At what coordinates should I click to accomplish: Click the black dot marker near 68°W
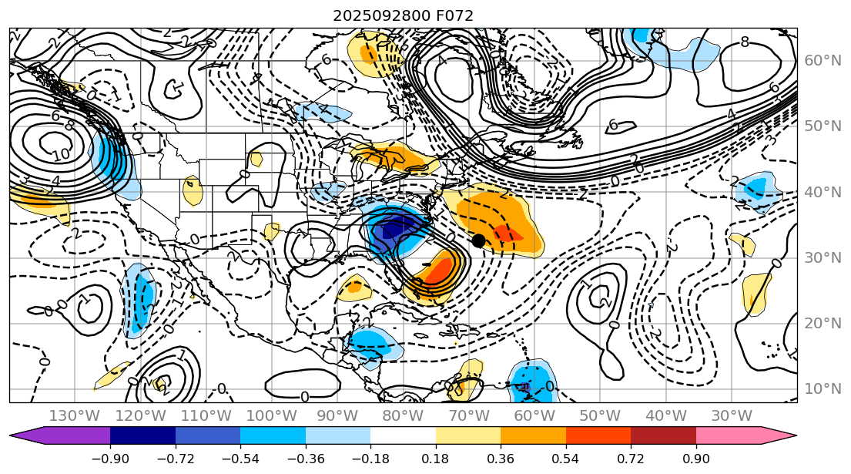[478, 240]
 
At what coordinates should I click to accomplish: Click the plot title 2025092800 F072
[403, 15]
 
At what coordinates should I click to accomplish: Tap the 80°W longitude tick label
[402, 415]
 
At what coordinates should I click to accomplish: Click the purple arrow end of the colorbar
[20, 436]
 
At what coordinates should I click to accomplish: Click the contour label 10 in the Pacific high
[61, 156]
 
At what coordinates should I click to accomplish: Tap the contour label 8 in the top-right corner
[744, 42]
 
